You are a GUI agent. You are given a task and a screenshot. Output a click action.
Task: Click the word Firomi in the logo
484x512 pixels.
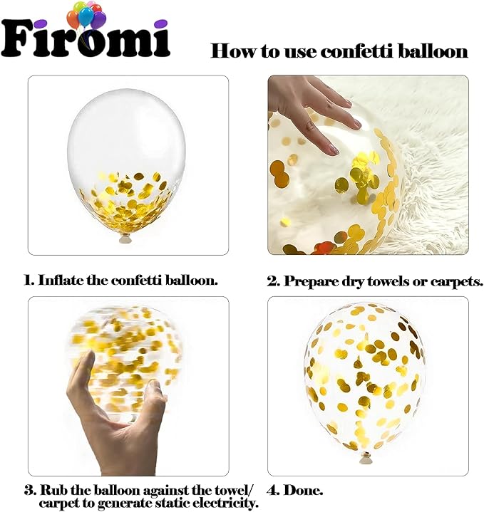(x=86, y=38)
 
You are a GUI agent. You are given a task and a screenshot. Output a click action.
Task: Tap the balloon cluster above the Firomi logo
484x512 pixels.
(x=86, y=16)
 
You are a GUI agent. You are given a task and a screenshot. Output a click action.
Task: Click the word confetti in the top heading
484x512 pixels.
(x=358, y=51)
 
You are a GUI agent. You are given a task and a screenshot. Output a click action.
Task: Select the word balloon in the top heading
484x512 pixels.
(x=433, y=51)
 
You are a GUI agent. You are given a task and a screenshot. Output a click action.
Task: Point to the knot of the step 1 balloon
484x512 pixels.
(x=126, y=239)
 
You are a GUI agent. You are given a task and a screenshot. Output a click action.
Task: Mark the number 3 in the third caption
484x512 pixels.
(x=30, y=491)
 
